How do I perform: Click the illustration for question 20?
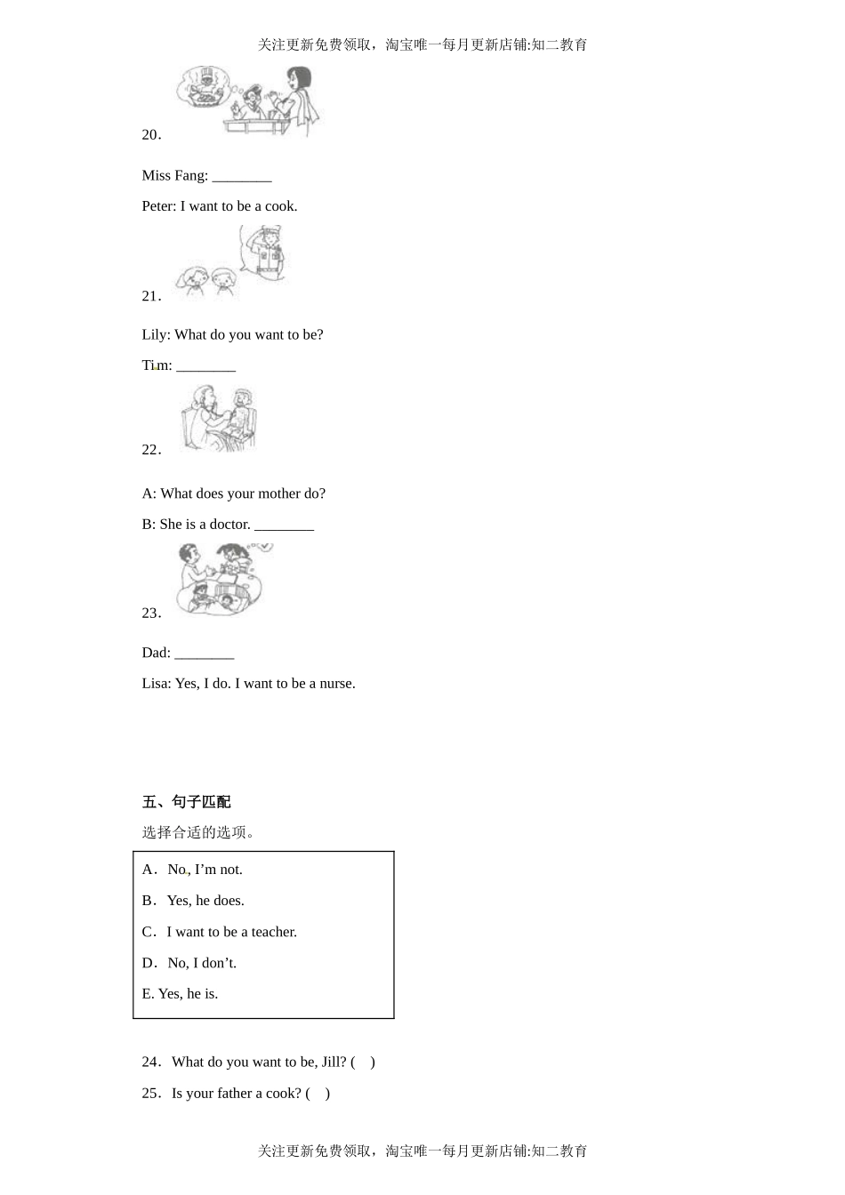click(247, 100)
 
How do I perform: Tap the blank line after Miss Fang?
click(242, 177)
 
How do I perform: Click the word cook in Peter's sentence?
click(280, 206)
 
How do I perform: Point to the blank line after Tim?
click(205, 366)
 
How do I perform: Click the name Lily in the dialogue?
click(155, 335)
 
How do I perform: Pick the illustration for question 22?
click(219, 418)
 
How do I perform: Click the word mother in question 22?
click(279, 493)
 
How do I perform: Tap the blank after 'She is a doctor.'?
click(284, 525)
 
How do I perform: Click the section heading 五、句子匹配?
click(186, 802)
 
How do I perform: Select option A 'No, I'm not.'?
click(205, 870)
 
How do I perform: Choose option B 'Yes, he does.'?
click(205, 901)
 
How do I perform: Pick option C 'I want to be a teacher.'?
click(231, 932)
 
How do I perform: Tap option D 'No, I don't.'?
click(202, 963)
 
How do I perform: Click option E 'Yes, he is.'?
click(188, 994)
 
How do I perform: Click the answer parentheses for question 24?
click(363, 1062)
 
